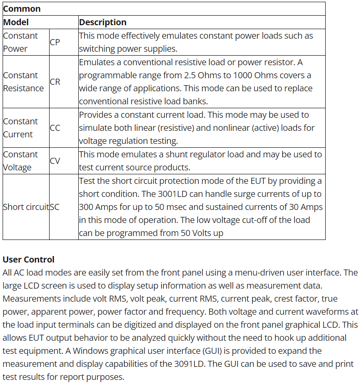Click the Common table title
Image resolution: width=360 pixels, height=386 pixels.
(22, 9)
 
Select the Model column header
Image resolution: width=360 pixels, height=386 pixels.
(16, 22)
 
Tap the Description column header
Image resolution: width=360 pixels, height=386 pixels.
(103, 22)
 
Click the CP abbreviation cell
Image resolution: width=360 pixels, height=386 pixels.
(55, 42)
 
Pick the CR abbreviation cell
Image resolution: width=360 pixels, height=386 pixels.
(55, 82)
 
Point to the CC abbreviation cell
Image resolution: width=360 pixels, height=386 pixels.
(55, 128)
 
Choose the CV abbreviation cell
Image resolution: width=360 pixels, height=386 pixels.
(55, 161)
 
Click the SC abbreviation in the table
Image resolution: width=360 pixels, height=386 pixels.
(54, 207)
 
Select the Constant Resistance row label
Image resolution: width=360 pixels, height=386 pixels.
(23, 82)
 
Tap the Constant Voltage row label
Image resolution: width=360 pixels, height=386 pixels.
(20, 161)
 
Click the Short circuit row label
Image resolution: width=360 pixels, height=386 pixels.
(26, 207)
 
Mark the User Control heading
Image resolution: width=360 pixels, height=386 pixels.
(29, 260)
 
